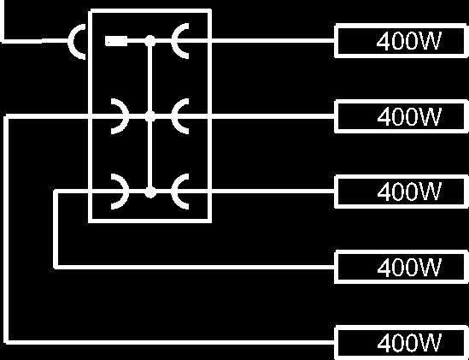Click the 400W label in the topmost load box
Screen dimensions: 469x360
tap(408, 41)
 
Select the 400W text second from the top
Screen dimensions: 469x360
tap(409, 116)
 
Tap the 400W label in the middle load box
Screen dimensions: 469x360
tap(409, 192)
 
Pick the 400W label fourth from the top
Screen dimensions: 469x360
tap(409, 267)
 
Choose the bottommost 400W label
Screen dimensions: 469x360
tap(409, 343)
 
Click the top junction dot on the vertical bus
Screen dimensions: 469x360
tap(149, 41)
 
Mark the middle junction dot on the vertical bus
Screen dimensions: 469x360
tap(149, 116)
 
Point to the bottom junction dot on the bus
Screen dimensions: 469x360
tap(150, 192)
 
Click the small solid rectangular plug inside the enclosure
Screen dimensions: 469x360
tap(116, 41)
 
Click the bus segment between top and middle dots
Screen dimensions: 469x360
tap(149, 79)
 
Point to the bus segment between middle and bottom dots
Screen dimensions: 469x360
tap(149, 154)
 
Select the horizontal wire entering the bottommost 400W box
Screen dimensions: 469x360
tap(170, 342)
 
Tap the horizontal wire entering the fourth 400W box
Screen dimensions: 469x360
tap(195, 267)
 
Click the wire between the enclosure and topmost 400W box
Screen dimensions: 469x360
tap(273, 41)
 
